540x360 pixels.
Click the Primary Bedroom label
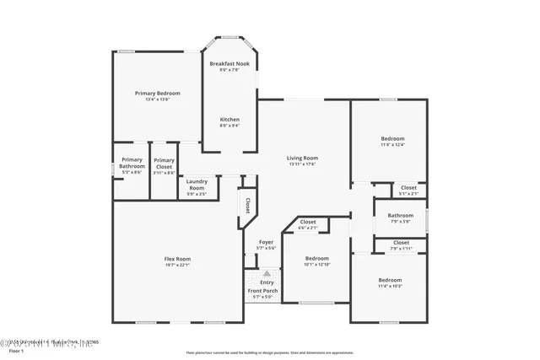pos(158,93)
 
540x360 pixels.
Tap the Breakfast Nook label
pos(229,64)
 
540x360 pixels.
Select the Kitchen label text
pos(229,119)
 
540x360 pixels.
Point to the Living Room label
pos(302,158)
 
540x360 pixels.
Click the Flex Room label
pos(177,259)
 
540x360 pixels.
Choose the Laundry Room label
pos(197,184)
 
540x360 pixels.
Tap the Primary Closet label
pos(164,163)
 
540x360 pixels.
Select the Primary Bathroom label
pos(132,163)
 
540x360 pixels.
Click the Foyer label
pos(266,242)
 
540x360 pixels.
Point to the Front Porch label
pos(262,290)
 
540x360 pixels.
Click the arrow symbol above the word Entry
pos(267,274)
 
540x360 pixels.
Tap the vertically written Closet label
pos(247,205)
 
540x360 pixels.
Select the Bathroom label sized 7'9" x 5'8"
pos(401,215)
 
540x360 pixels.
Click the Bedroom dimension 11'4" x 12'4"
pos(392,145)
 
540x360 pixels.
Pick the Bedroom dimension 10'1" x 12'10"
pos(316,265)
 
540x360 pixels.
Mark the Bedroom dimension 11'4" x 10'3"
pos(390,287)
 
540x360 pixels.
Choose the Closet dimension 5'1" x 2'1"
pos(408,194)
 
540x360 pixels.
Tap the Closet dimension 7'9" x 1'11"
pos(401,249)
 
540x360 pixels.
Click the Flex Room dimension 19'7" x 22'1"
pos(177,265)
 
